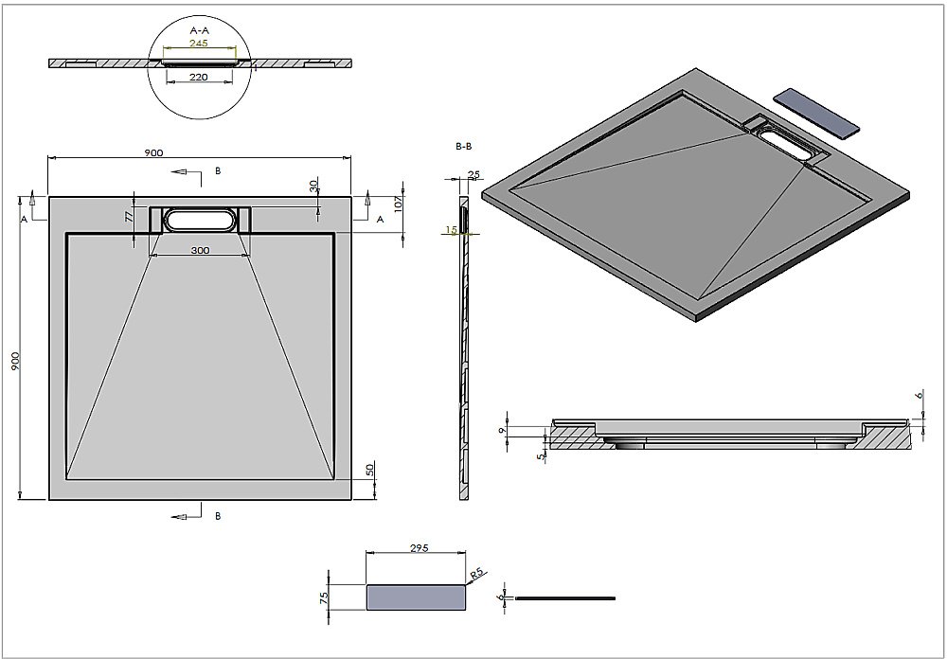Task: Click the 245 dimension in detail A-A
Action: click(x=199, y=43)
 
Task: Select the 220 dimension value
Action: click(x=199, y=77)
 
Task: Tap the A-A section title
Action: click(x=199, y=29)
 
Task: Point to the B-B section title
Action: click(x=464, y=147)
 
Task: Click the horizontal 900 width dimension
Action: click(x=154, y=152)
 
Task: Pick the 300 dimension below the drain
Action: click(x=200, y=250)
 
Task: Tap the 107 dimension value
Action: click(x=399, y=202)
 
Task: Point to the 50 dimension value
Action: click(x=371, y=470)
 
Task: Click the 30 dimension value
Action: click(x=313, y=186)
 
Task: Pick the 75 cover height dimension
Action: click(x=324, y=597)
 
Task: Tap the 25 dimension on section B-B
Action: click(x=473, y=174)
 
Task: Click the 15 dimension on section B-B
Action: click(x=452, y=230)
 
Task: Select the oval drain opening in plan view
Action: click(x=200, y=220)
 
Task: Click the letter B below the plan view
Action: click(x=218, y=516)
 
